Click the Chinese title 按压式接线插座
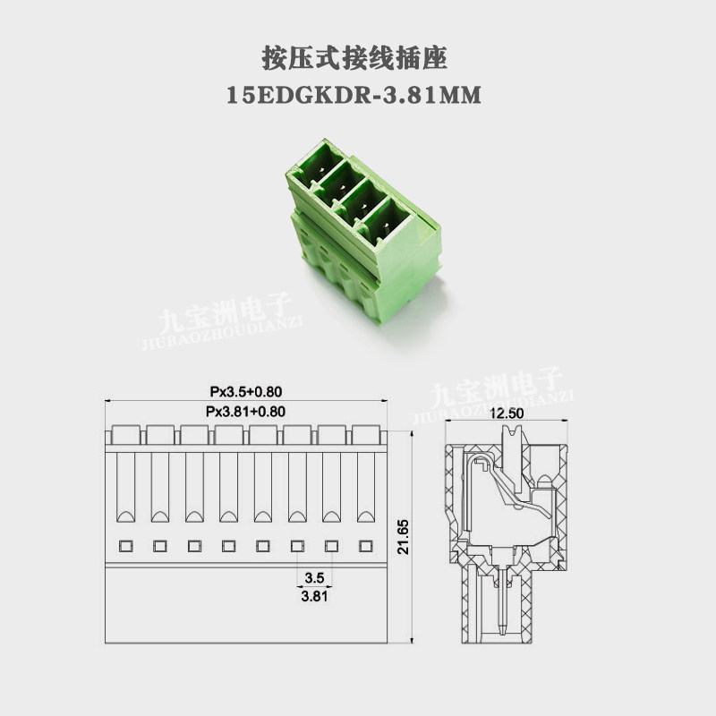click(x=354, y=58)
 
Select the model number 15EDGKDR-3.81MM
click(x=354, y=96)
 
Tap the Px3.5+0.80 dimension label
click(x=245, y=391)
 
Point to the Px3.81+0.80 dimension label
click(x=245, y=412)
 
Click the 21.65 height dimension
click(x=404, y=537)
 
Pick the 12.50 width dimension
click(x=507, y=413)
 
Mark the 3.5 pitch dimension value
click(x=314, y=577)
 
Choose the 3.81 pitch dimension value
click(x=314, y=596)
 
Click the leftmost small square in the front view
click(x=125, y=546)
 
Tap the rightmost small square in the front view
click(x=366, y=546)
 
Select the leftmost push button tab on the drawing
click(x=125, y=435)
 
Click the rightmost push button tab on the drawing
click(x=366, y=435)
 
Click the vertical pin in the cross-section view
click(x=502, y=599)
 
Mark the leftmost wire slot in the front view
click(x=125, y=487)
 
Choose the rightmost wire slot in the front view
click(x=366, y=487)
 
